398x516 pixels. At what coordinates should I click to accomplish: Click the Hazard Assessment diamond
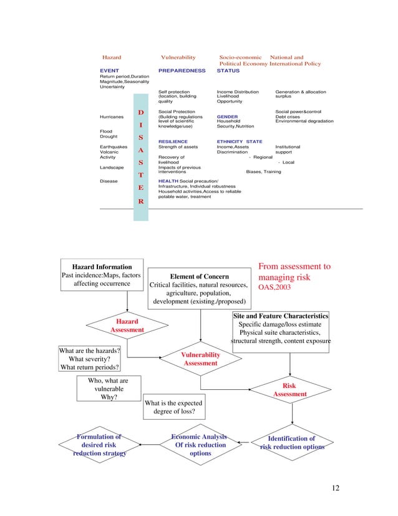(127, 325)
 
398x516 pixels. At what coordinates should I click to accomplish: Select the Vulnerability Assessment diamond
(200, 359)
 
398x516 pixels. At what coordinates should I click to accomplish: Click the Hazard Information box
(102, 275)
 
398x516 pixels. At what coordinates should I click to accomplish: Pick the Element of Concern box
(200, 289)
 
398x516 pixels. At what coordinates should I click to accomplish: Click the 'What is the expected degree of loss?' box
(175, 408)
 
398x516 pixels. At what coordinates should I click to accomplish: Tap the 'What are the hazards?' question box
(89, 359)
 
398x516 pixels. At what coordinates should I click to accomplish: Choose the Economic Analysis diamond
(200, 445)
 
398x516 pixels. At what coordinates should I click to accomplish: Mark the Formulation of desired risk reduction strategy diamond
(99, 445)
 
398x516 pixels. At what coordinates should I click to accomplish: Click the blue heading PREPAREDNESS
(182, 71)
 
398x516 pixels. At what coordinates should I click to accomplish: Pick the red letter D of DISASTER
(141, 113)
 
